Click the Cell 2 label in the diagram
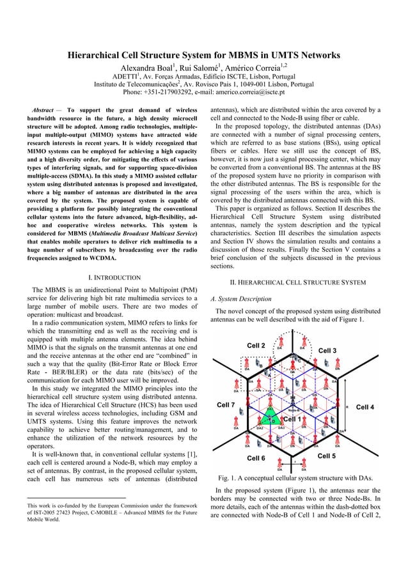pos(256,346)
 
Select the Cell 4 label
pos(382,407)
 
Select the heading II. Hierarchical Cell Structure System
pos(297,282)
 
